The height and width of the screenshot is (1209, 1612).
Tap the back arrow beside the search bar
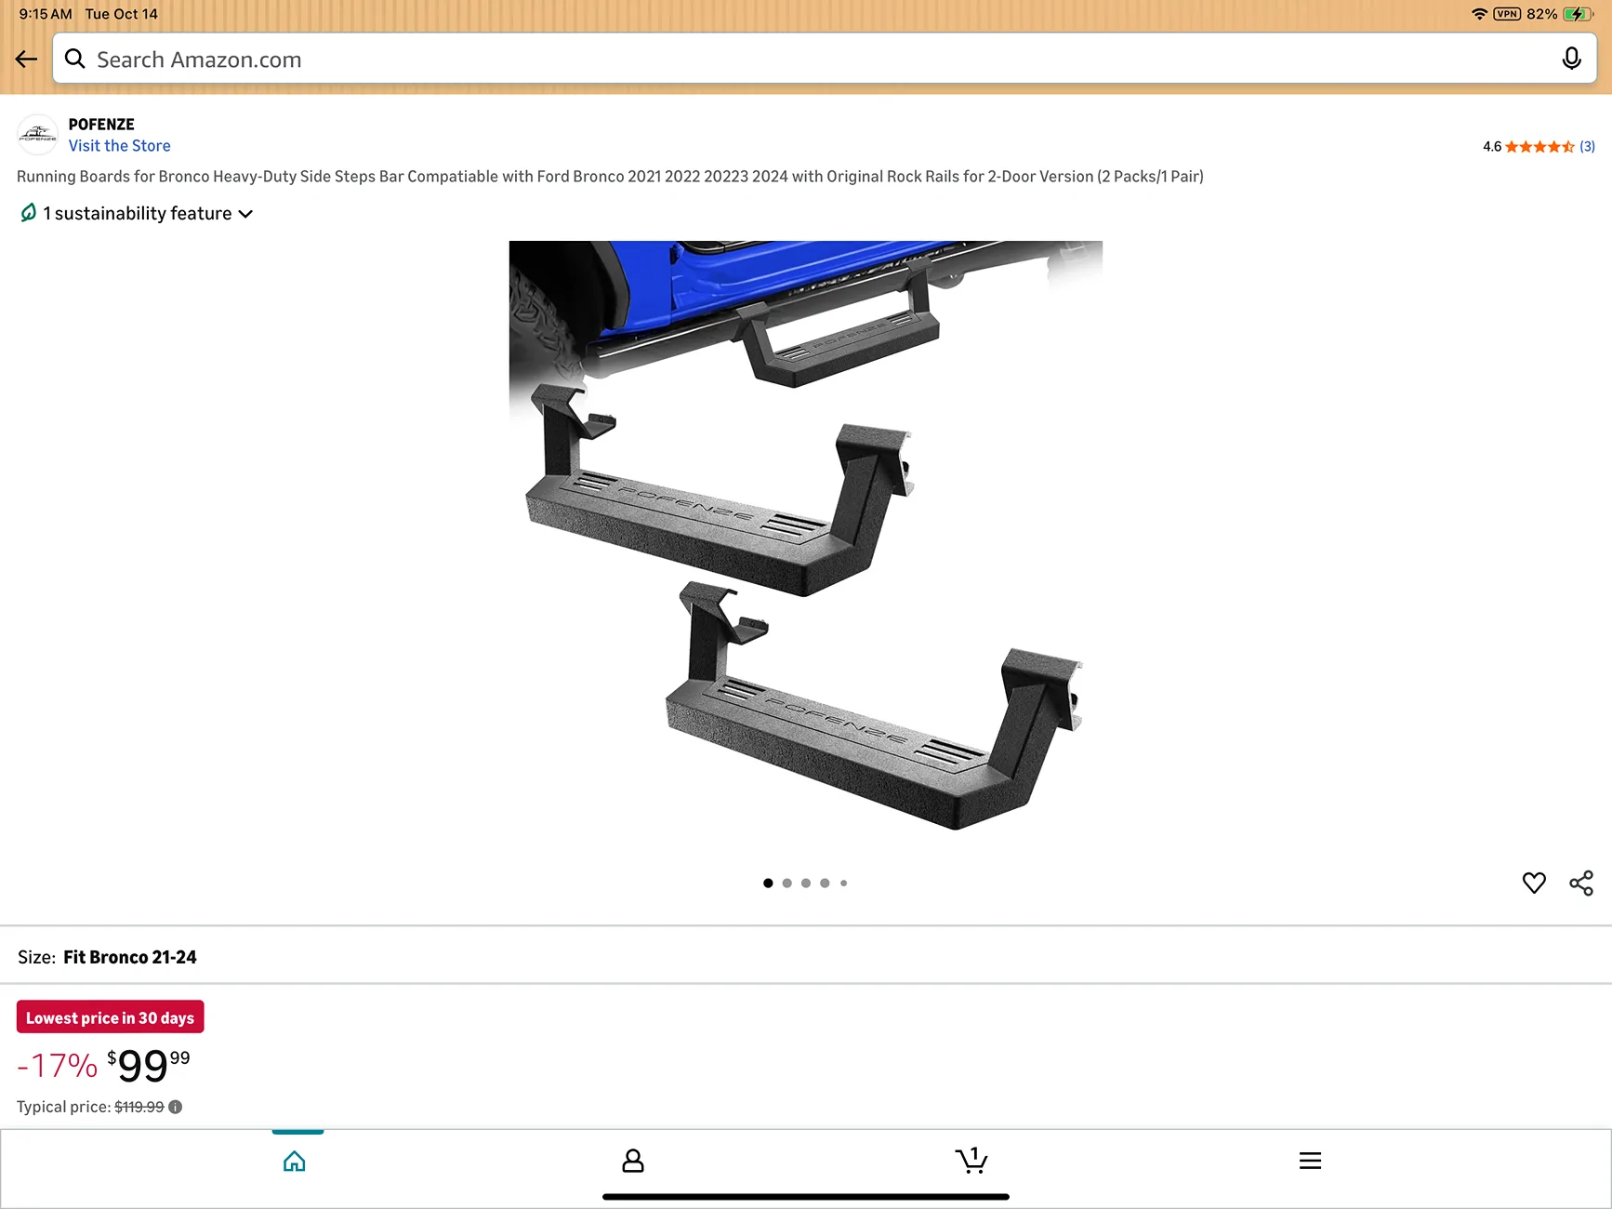coord(26,60)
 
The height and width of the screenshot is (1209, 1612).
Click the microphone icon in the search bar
coord(1571,59)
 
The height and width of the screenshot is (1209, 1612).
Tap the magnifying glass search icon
coord(75,60)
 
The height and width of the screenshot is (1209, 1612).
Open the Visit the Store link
coord(119,146)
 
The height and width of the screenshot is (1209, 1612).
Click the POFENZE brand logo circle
coord(37,135)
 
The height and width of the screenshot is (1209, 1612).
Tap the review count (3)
coord(1587,147)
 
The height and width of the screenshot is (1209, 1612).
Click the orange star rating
coord(1539,147)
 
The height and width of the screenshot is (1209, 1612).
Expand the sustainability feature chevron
coord(245,214)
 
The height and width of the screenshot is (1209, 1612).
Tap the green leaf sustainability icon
coord(29,213)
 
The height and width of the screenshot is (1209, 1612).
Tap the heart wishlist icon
coord(1534,883)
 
